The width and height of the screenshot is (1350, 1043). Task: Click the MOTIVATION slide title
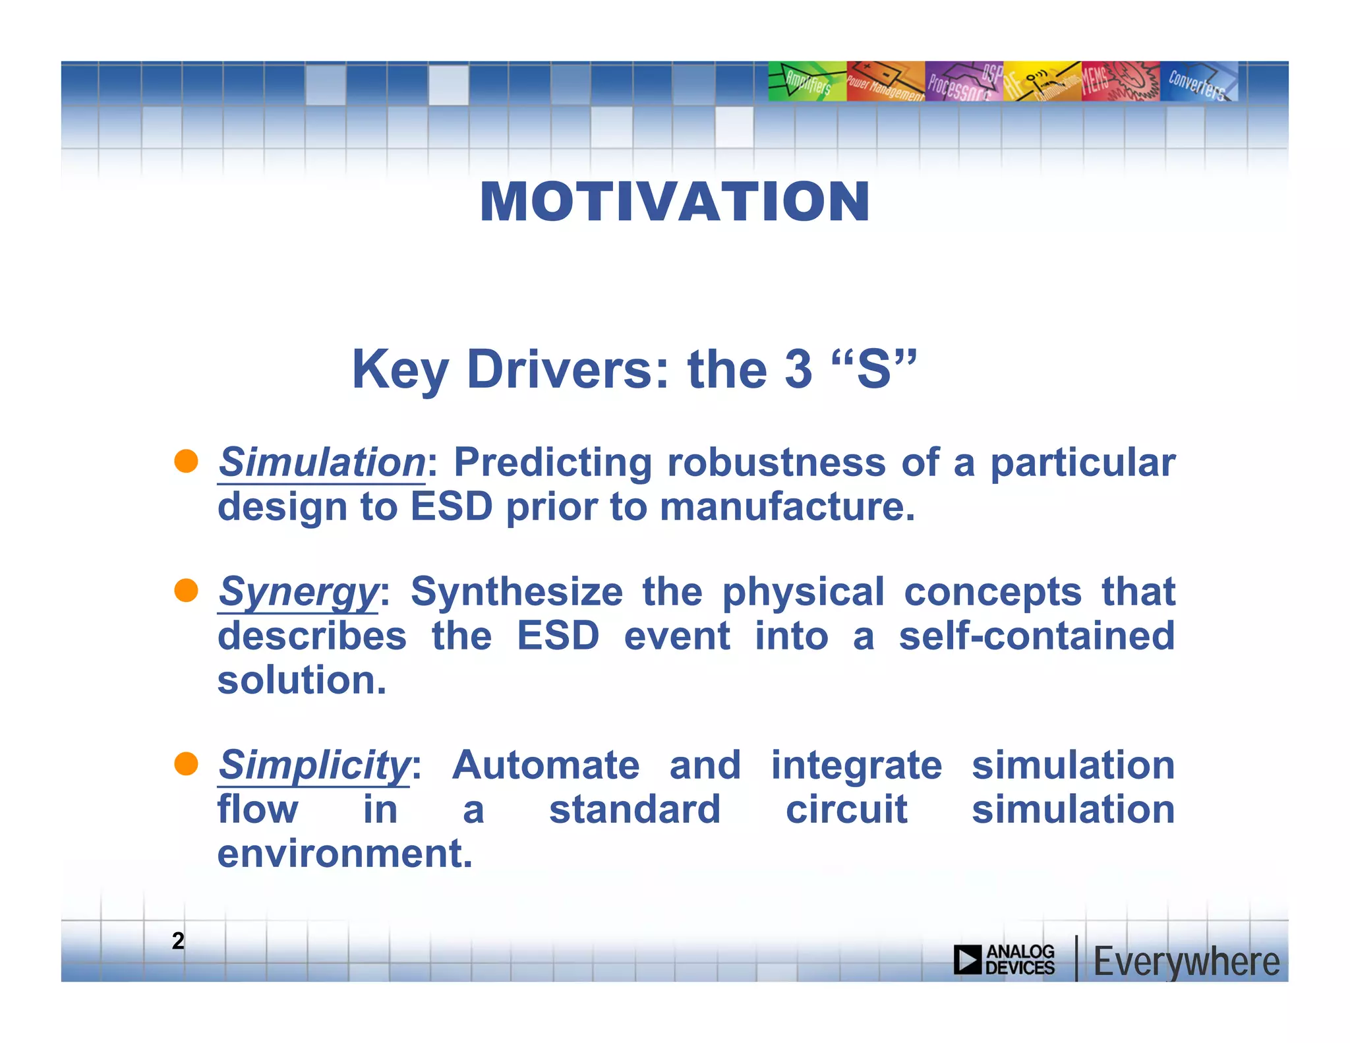[x=674, y=202]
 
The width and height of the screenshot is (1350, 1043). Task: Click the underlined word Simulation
[x=322, y=462]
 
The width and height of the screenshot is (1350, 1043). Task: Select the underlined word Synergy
[x=298, y=591]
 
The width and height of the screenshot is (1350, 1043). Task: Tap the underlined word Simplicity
[x=314, y=765]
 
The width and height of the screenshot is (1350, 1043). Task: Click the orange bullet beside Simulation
[x=187, y=462]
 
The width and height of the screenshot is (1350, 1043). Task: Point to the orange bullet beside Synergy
[x=187, y=591]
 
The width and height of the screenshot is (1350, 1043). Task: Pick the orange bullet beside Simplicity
[x=187, y=764]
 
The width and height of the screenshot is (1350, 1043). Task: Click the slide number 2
[x=178, y=941]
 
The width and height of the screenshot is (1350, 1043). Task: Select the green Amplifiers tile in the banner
[x=807, y=82]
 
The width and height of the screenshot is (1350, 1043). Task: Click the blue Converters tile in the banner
[x=1198, y=82]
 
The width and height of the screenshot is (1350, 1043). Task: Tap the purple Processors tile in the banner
[x=963, y=82]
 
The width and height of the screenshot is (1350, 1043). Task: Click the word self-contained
[x=1036, y=636]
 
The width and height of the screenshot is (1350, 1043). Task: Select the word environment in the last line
[x=344, y=854]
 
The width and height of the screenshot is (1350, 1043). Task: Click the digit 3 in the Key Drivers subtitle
[x=798, y=369]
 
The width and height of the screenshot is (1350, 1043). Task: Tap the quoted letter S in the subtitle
[x=873, y=369]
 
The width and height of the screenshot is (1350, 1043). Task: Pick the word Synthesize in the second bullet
[x=516, y=591]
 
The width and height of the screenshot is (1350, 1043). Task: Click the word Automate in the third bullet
[x=545, y=765]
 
